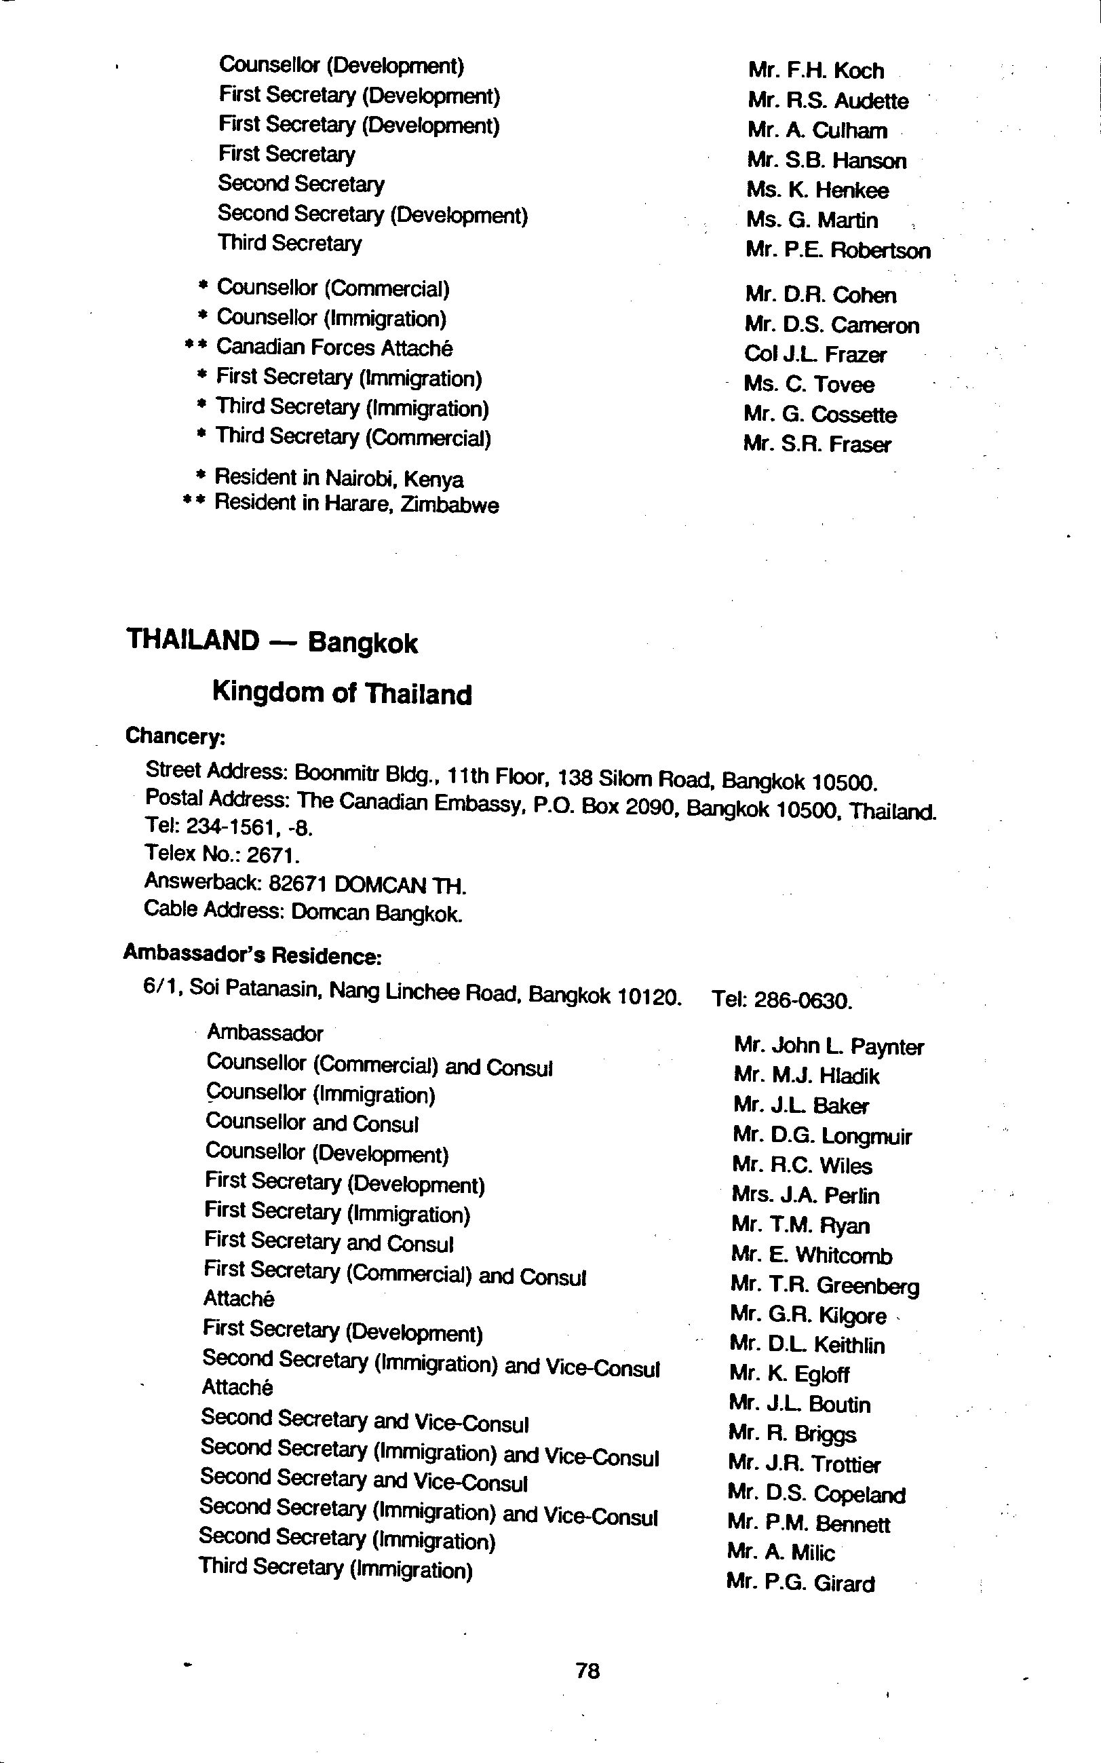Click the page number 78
pos(587,1670)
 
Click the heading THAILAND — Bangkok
pos(271,641)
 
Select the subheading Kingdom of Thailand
pos(341,693)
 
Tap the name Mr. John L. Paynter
pos(829,1046)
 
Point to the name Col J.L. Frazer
pos(815,355)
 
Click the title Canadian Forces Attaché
pos(334,348)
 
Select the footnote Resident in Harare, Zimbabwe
pos(356,504)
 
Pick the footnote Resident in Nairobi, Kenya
pos(339,478)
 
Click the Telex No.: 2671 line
pos(221,854)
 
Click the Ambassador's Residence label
pos(252,954)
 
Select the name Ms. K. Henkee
pos(817,191)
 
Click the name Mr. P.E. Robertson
pos(837,250)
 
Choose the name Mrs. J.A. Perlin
pos(805,1196)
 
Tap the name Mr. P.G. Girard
pos(800,1583)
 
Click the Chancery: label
pos(176,736)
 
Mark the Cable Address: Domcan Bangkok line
pos(303,912)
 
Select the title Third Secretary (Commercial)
pos(353,437)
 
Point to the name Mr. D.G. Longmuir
pos(822,1136)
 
